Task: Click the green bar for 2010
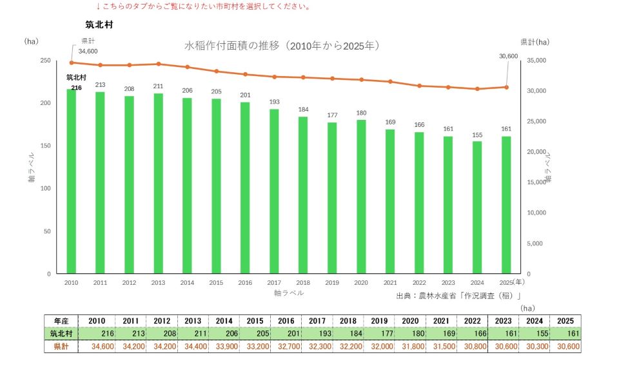(x=71, y=182)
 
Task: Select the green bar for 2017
(x=274, y=191)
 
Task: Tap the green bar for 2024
(x=477, y=207)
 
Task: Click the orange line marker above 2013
(x=159, y=64)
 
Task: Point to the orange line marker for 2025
(x=506, y=87)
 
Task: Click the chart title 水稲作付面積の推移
(x=231, y=46)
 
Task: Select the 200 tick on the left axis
(x=46, y=103)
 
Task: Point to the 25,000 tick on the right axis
(x=536, y=121)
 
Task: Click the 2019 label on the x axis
(x=332, y=283)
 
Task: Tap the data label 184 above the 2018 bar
(x=303, y=110)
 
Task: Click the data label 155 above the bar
(x=477, y=135)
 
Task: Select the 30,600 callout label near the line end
(x=508, y=56)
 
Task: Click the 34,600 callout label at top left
(x=88, y=52)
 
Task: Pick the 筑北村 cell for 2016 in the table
(x=286, y=334)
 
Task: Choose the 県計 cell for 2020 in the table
(x=410, y=347)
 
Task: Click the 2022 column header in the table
(x=472, y=321)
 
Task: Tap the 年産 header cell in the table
(x=61, y=321)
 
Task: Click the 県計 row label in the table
(x=61, y=347)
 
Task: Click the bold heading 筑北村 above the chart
(x=99, y=24)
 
